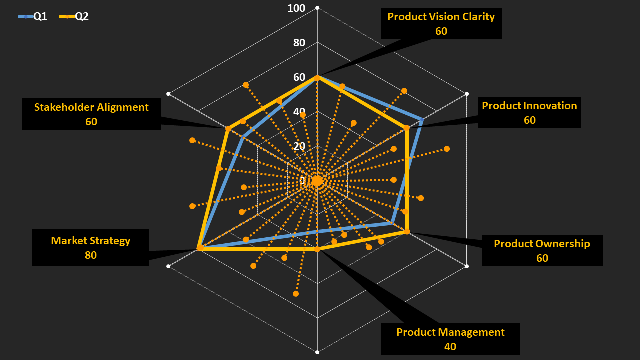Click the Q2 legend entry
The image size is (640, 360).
(74, 16)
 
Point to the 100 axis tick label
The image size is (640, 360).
(296, 8)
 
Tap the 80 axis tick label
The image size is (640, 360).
(299, 43)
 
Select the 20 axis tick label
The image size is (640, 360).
(299, 146)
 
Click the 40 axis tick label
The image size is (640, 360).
(299, 112)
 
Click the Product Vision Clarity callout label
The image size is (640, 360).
(441, 17)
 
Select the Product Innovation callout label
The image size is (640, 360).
(529, 106)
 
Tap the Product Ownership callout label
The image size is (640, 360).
(542, 244)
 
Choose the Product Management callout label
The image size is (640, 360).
(450, 332)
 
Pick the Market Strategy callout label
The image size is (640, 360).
(90, 241)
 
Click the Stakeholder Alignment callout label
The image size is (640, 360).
(91, 107)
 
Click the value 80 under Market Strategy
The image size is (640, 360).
(90, 255)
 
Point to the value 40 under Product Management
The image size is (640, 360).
(450, 346)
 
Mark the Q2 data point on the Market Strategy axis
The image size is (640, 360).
(200, 248)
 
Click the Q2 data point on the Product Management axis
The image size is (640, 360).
(317, 249)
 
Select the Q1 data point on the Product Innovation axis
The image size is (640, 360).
(422, 120)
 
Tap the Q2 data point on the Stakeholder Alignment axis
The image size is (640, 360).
(228, 129)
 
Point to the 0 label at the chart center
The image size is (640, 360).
(303, 181)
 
